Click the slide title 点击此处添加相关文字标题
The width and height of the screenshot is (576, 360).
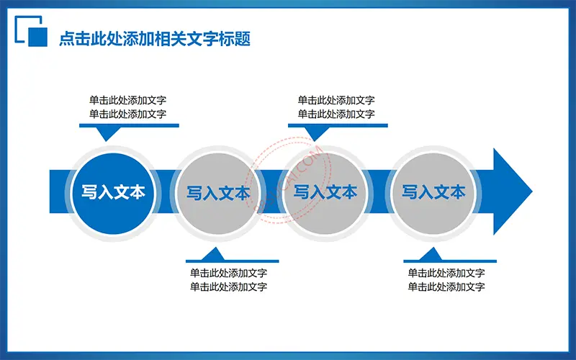click(155, 39)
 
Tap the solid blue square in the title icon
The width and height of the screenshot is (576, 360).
click(38, 37)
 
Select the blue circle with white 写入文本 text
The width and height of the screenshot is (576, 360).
click(113, 193)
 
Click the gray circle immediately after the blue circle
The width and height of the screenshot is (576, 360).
click(219, 193)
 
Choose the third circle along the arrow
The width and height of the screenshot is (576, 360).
click(325, 193)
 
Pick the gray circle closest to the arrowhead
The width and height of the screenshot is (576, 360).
click(433, 193)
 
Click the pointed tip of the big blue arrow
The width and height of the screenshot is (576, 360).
click(532, 192)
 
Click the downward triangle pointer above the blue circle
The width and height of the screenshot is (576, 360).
click(106, 133)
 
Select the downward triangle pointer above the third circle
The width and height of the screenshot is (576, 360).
click(315, 133)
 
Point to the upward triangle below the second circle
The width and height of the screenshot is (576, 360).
click(213, 254)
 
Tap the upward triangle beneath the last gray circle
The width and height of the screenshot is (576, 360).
click(431, 254)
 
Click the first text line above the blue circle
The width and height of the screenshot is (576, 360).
click(128, 100)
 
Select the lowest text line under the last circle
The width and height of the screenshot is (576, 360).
click(446, 287)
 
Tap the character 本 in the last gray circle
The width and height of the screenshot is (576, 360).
click(458, 192)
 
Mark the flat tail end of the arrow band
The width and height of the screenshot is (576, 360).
click(50, 192)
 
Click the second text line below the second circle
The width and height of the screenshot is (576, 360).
click(228, 287)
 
